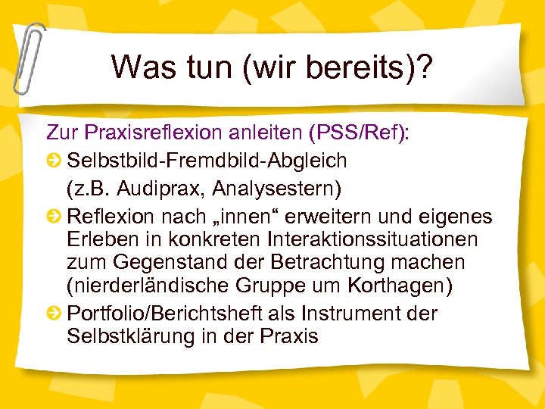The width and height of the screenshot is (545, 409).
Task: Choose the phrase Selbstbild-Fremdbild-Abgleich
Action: click(x=207, y=161)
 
